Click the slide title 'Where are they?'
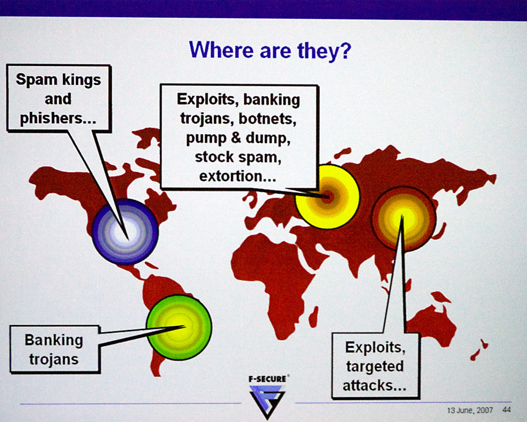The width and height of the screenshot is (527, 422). pos(270,51)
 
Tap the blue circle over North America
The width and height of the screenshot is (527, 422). pos(125,232)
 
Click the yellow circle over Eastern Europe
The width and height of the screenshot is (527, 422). pos(327,197)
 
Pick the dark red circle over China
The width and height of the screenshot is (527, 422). pos(404,219)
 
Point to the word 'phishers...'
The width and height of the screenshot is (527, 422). pos(58,118)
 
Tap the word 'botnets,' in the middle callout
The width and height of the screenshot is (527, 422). pos(267,119)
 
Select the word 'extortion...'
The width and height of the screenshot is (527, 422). pos(238,176)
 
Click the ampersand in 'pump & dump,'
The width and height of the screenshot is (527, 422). pos(236,138)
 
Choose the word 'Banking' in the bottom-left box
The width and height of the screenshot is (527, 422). pos(54,340)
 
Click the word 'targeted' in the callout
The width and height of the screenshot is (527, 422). pos(375,367)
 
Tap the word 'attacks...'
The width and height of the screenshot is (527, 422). pos(375,385)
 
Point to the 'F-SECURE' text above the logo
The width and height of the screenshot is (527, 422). pos(267,379)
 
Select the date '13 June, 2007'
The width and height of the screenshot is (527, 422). pos(470,410)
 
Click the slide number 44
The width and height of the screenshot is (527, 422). pos(507,410)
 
